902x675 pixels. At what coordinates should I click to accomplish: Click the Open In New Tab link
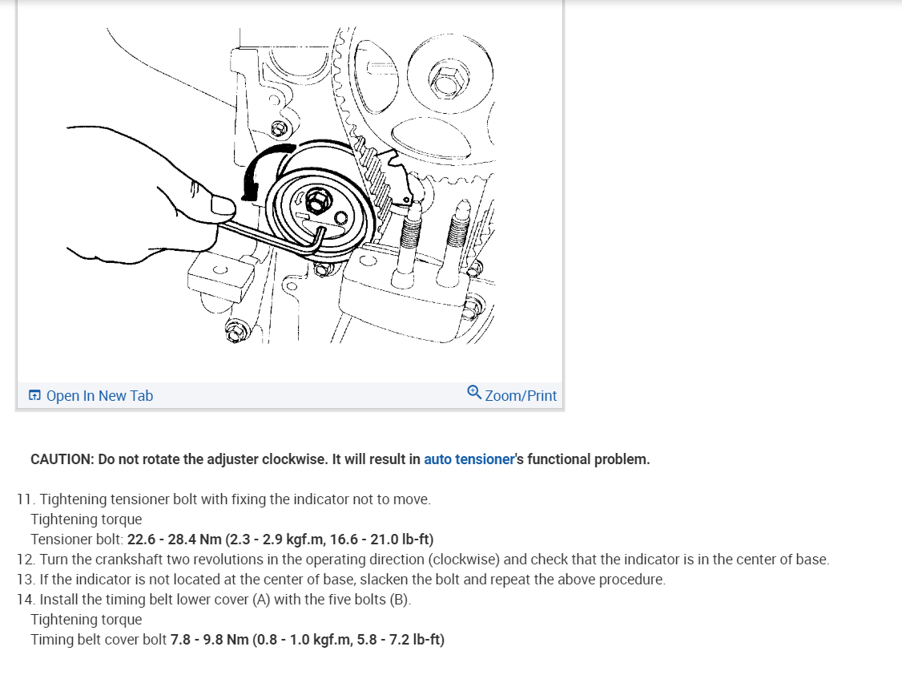tap(99, 396)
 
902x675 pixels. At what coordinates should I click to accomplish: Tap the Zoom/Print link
tap(521, 396)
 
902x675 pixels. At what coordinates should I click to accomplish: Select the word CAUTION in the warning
tap(62, 459)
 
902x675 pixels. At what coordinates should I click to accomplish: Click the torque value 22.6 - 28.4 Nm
tap(164, 539)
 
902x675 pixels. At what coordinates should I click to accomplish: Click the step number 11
tap(24, 499)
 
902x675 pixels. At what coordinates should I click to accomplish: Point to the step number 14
tap(24, 599)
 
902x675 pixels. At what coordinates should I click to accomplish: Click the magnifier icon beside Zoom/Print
tap(474, 393)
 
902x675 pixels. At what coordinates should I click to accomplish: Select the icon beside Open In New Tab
tap(35, 396)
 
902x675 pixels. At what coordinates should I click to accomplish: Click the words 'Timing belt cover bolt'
tap(99, 639)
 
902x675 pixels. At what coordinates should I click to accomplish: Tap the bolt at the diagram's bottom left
tap(236, 329)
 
